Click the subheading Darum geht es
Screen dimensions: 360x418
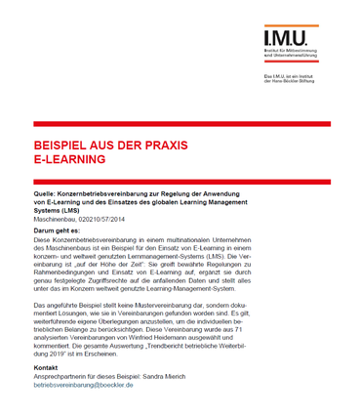pos(60,230)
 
